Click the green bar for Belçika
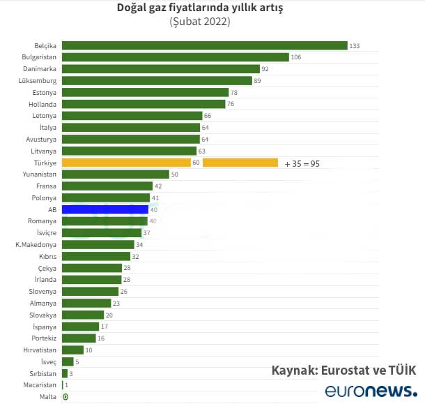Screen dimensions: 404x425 tap(204, 45)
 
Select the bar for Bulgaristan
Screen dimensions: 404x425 tap(175, 57)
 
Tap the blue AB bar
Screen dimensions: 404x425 tap(105, 209)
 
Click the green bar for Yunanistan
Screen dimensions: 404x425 tap(115, 174)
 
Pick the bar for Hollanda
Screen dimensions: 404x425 tap(143, 104)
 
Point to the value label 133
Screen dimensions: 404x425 tap(355, 46)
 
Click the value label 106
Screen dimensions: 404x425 tap(296, 57)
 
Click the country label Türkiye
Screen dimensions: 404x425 tap(45, 163)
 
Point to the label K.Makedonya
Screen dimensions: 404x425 tap(36, 244)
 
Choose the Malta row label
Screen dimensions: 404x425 tap(49, 397)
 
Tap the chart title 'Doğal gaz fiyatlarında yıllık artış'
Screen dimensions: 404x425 tap(200, 8)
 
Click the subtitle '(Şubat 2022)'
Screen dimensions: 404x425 tap(200, 22)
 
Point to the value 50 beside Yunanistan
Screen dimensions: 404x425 tap(175, 174)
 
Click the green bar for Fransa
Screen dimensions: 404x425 tap(107, 186)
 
